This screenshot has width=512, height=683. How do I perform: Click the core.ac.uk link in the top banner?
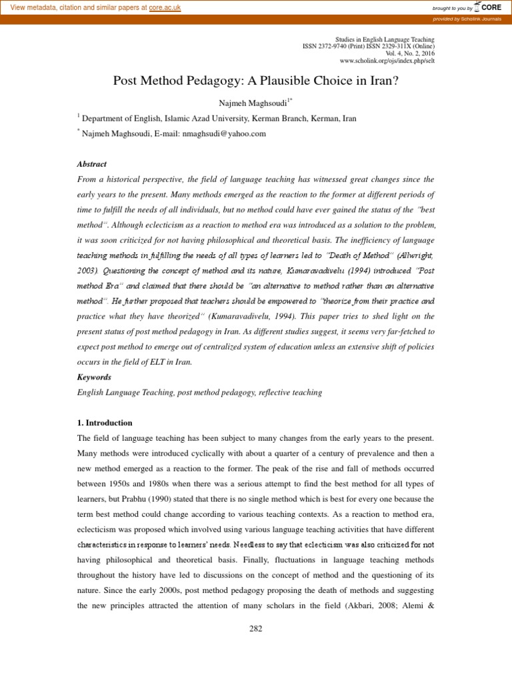coord(165,7)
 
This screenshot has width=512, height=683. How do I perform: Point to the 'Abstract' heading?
coord(92,163)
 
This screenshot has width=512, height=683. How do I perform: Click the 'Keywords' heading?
coord(94,377)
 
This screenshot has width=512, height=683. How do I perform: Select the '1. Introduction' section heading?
coord(105,423)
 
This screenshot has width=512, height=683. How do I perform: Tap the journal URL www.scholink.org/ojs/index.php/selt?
coord(387,61)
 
